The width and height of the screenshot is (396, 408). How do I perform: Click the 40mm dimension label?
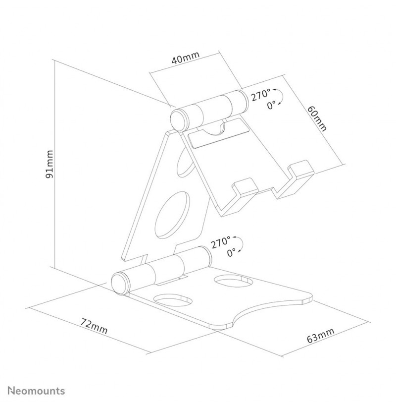185,58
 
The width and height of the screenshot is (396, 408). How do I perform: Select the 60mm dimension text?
317,118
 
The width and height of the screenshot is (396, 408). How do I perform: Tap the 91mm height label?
49,164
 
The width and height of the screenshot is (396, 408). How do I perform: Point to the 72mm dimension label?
94,326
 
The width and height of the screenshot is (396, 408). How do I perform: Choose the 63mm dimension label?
320,336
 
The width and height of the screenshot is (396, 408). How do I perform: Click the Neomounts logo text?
36,391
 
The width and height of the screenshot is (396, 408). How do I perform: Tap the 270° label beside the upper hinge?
260,95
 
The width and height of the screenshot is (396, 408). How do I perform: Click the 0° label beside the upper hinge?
272,105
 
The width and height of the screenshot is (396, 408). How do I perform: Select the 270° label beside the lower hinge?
220,242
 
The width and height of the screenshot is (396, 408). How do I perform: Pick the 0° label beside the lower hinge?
232,252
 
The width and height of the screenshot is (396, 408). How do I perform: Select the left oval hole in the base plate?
173,300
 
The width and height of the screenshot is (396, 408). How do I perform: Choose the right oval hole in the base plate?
234,281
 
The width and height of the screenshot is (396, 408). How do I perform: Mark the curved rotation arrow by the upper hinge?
280,97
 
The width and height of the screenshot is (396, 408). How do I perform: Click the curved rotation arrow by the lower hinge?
241,244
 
